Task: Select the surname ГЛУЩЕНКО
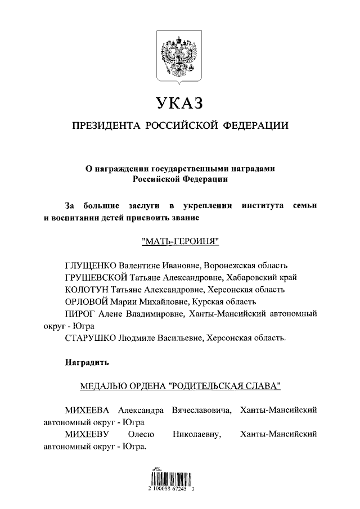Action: [90, 265]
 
